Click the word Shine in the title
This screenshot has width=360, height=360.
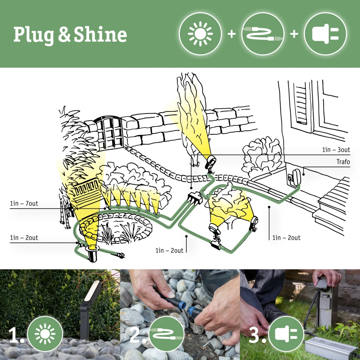point(100,34)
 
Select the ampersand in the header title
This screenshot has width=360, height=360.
point(64,34)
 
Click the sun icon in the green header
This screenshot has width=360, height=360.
point(200,34)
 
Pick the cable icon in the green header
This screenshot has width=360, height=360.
point(263,34)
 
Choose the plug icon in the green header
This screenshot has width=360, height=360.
point(325,34)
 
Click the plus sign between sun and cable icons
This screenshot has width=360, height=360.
point(232,34)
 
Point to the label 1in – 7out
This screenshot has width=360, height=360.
point(24,204)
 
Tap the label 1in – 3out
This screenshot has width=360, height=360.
point(336,150)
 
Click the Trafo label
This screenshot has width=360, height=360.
point(343,162)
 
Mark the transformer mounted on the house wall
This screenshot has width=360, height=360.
point(294,177)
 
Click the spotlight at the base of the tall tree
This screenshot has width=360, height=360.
point(211,161)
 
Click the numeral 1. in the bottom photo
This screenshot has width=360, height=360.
point(16,335)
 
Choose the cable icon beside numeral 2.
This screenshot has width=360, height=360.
point(167,334)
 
